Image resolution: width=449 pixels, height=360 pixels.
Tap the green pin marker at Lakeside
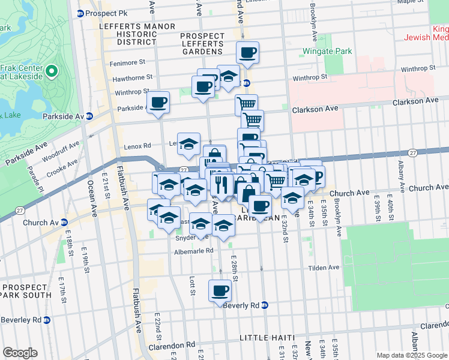(51, 72)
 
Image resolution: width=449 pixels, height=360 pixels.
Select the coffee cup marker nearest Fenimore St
(247, 53)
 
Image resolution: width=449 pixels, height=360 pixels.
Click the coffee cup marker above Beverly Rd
(220, 292)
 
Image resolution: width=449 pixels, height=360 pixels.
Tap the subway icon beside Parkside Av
(89, 116)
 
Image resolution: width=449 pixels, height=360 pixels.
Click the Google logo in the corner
(20, 353)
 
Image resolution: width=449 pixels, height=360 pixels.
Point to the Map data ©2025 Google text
(411, 355)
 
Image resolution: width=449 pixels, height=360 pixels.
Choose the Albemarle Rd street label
(193, 250)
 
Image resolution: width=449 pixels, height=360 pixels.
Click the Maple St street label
(410, 2)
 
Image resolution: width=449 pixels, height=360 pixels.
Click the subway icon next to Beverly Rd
(265, 305)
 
